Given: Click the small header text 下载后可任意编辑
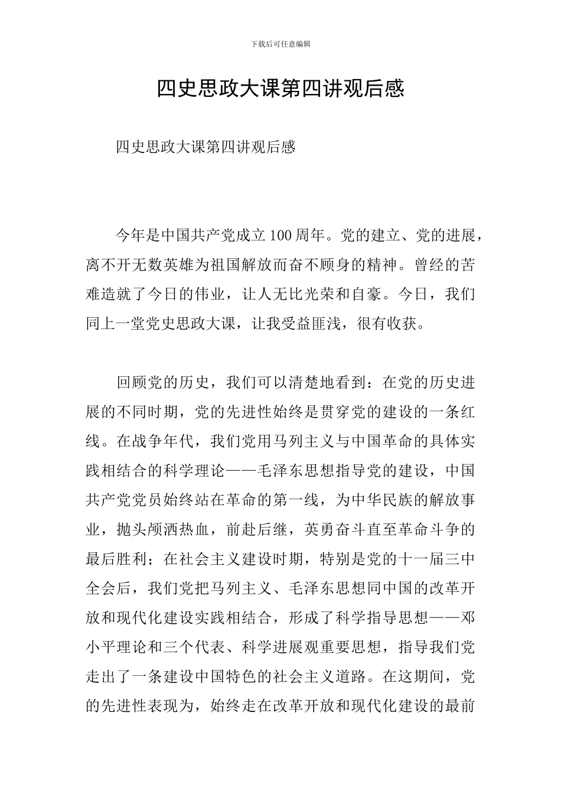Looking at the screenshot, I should coord(280,44).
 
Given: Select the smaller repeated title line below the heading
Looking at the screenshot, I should coord(206,147).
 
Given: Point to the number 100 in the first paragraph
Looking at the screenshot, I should coord(280,236).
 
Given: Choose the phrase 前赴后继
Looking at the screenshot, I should coord(257,530).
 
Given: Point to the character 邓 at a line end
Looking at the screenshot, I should coord(467,619).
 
